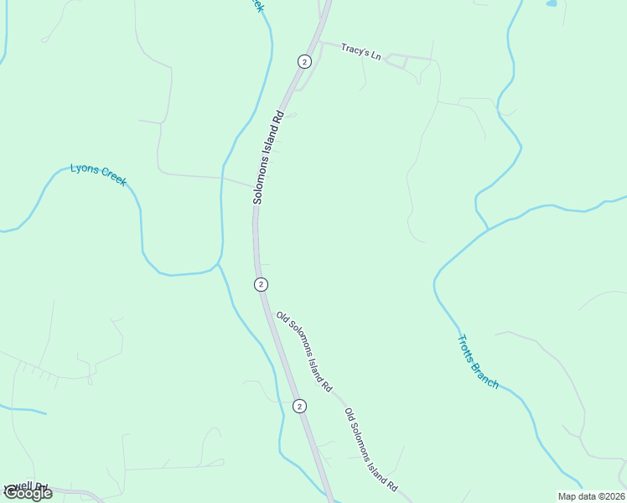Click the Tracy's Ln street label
(361, 52)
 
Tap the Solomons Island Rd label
(269, 158)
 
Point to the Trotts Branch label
(478, 362)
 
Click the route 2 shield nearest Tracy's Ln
(304, 61)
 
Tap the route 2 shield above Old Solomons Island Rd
(262, 285)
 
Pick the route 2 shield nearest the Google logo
(299, 406)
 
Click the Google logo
(28, 493)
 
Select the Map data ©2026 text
(591, 496)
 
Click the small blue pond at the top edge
(552, 3)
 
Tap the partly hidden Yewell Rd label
(25, 487)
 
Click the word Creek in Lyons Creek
(114, 176)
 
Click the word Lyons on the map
(85, 169)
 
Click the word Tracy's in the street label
(355, 49)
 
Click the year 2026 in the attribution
(614, 496)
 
